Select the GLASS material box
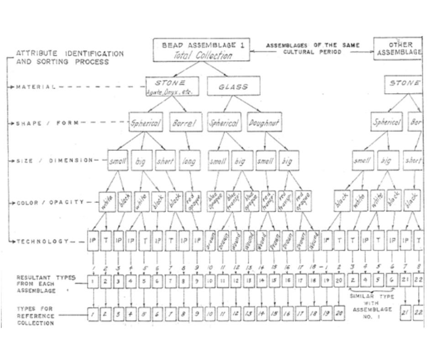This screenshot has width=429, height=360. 233,86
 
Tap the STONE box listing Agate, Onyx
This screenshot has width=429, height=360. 172,86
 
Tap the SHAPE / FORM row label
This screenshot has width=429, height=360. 44,123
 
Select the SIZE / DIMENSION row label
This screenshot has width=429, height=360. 51,160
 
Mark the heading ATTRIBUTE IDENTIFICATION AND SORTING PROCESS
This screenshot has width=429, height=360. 69,58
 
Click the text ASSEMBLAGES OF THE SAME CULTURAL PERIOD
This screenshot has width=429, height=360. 313,49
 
